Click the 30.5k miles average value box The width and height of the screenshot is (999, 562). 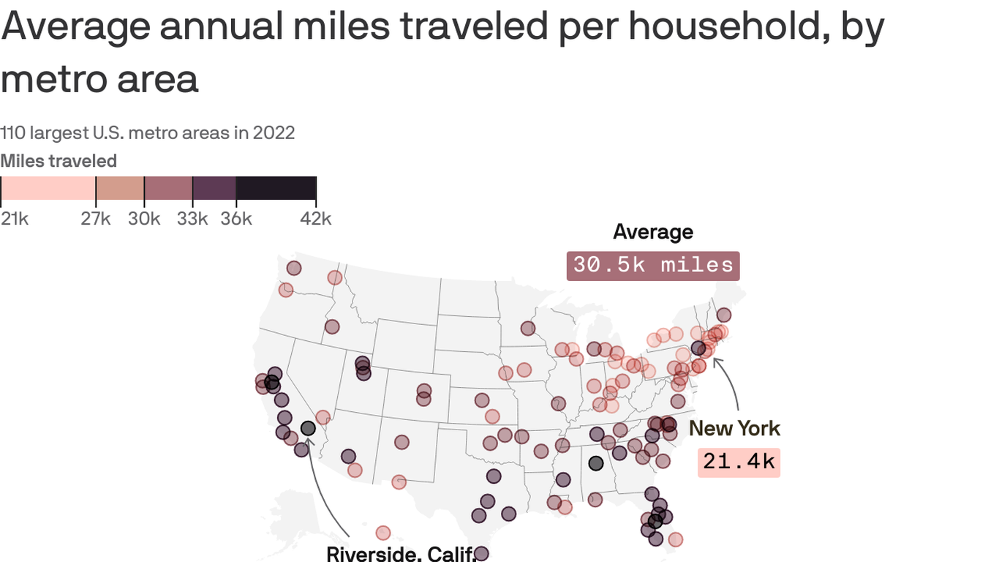pyautogui.click(x=652, y=266)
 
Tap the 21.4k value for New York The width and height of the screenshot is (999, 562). pyautogui.click(x=739, y=462)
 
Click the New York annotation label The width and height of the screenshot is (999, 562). pyautogui.click(x=734, y=428)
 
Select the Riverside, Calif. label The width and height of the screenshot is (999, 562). pyautogui.click(x=401, y=554)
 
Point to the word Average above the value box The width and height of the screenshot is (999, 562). pyautogui.click(x=652, y=232)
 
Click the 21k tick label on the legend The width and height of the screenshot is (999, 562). pyautogui.click(x=15, y=219)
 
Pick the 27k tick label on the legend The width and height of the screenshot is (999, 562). pyautogui.click(x=95, y=219)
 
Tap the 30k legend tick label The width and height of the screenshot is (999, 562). pyautogui.click(x=144, y=219)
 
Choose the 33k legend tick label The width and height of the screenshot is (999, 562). pyautogui.click(x=192, y=219)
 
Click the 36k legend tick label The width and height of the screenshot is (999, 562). pyautogui.click(x=236, y=219)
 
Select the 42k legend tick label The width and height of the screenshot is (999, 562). pyautogui.click(x=316, y=219)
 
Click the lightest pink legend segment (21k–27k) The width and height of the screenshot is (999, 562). pyautogui.click(x=48, y=188)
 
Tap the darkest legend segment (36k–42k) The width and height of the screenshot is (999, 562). pyautogui.click(x=276, y=188)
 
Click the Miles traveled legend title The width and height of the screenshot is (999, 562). pyautogui.click(x=59, y=161)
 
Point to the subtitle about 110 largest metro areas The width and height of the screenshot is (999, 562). pyautogui.click(x=148, y=132)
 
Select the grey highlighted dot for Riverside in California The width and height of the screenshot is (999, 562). pyautogui.click(x=308, y=428)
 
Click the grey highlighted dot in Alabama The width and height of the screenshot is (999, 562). pyautogui.click(x=596, y=463)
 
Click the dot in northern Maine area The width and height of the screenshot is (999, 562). pyautogui.click(x=723, y=315)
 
